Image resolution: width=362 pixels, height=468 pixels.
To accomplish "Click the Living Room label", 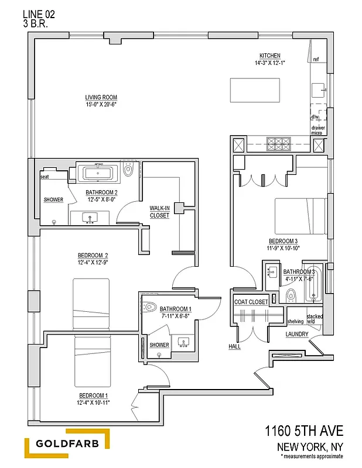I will coord(101,97).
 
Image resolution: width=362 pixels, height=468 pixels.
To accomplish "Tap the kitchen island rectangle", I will coord(254,90).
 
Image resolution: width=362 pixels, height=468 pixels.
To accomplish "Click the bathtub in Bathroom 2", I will coord(98,173).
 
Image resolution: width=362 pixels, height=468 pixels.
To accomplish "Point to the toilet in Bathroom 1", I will coord(149,306).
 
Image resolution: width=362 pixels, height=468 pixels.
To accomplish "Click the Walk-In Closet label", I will coord(159,212).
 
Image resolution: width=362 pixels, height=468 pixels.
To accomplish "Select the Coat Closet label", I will coord(250,302).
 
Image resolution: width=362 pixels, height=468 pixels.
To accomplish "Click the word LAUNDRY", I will coord(296,334).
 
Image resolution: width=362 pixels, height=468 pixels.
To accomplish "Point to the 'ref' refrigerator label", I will coord(316,59).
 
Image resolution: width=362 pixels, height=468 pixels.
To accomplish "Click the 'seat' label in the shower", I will coord(44,176).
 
